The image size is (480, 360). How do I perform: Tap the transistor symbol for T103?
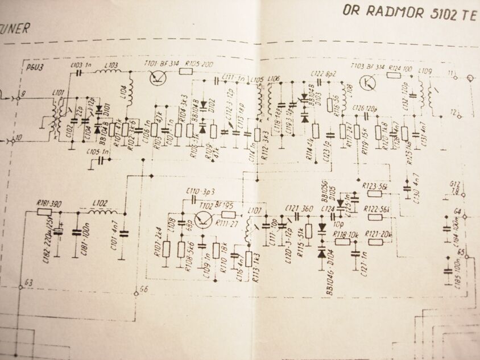(370, 83)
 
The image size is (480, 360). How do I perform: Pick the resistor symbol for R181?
(44, 212)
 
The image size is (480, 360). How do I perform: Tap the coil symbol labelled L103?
(112, 72)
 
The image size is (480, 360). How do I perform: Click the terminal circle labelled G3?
(20, 287)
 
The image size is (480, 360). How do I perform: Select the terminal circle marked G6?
(135, 294)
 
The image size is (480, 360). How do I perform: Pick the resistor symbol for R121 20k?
(375, 242)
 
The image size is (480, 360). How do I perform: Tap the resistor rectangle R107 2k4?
(166, 249)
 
